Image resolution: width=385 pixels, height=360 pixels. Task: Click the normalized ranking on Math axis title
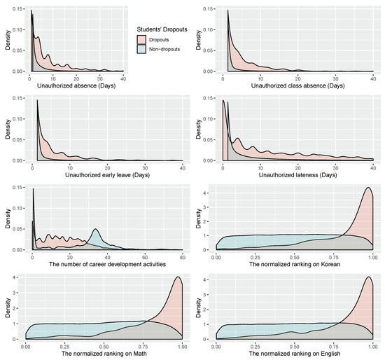(103, 353)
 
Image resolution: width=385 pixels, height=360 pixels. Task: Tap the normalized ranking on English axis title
(292, 353)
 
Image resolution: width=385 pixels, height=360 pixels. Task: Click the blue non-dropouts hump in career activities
(96, 230)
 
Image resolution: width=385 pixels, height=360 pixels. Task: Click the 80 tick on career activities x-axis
(181, 256)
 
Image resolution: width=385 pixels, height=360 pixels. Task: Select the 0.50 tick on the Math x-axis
(104, 345)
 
